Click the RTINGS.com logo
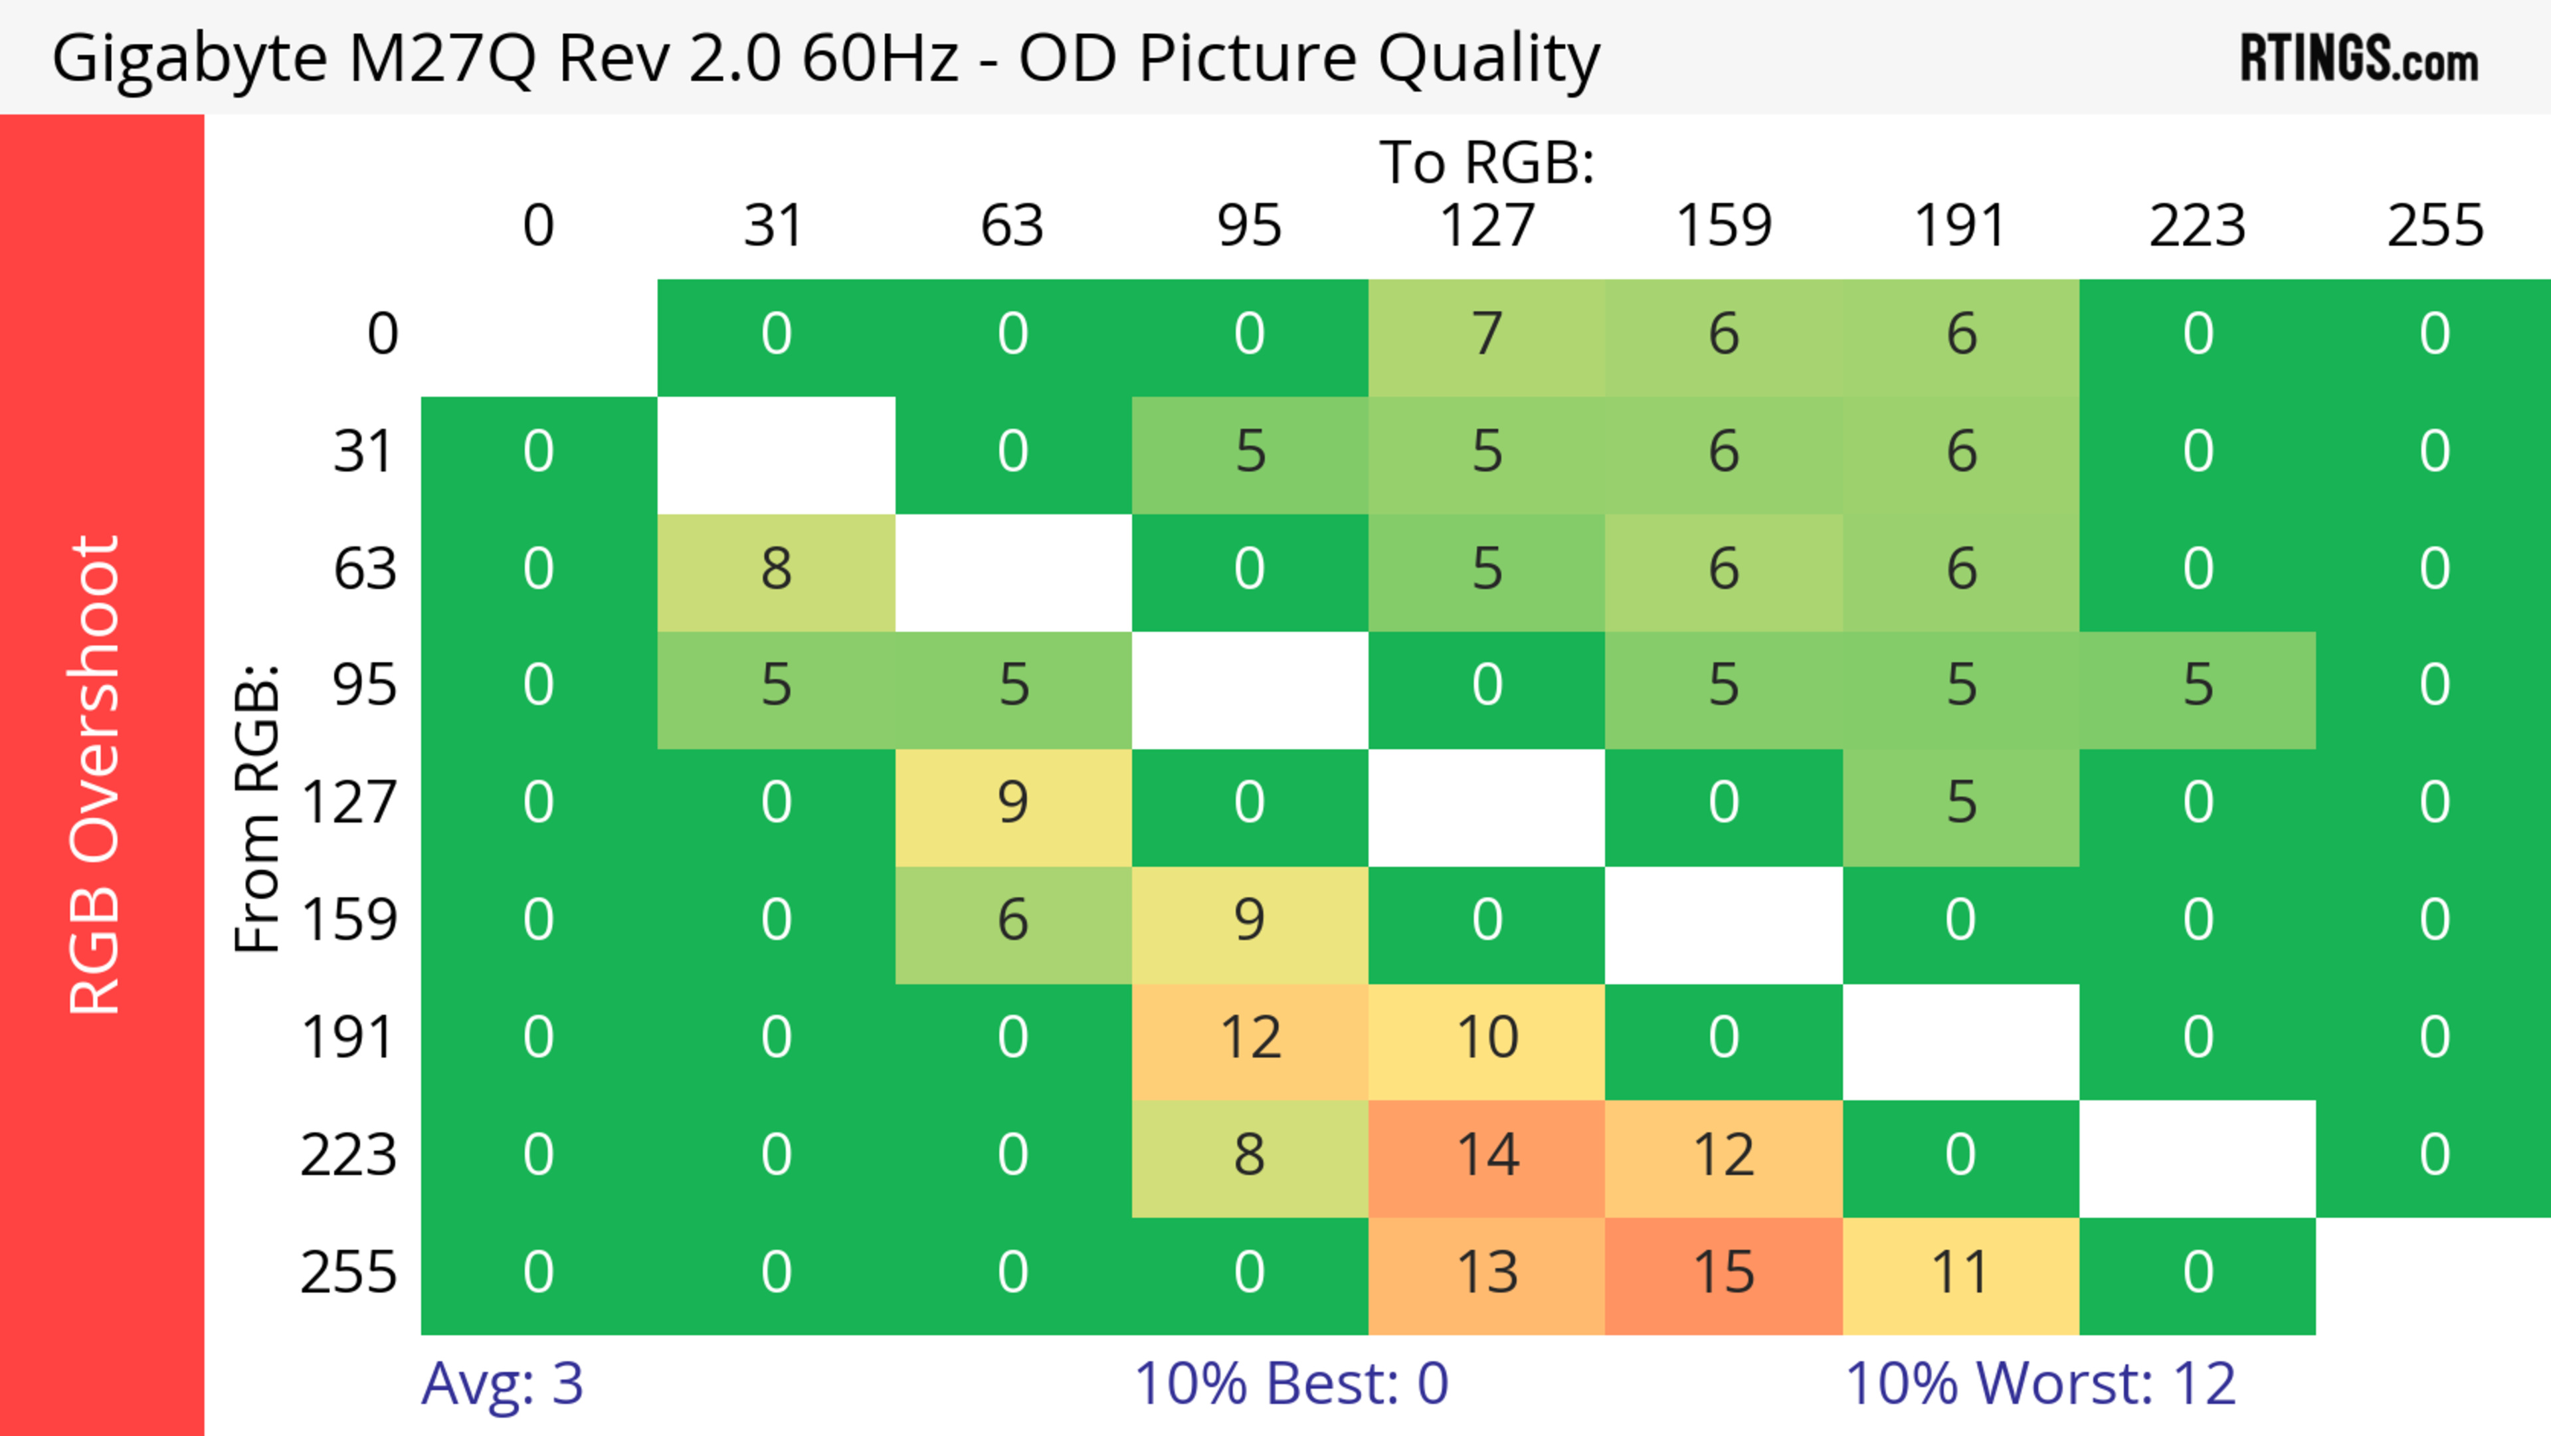(x=2359, y=59)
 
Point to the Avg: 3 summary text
(x=502, y=1384)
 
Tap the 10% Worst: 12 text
(x=2040, y=1384)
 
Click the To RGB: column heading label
(x=1487, y=162)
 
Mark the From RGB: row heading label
(x=258, y=807)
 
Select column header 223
(x=2196, y=226)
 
